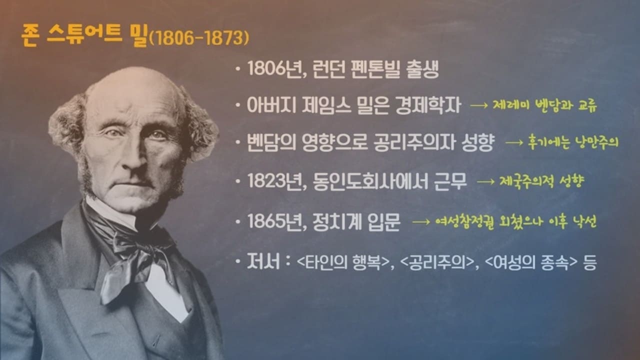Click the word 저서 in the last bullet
click(x=262, y=262)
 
